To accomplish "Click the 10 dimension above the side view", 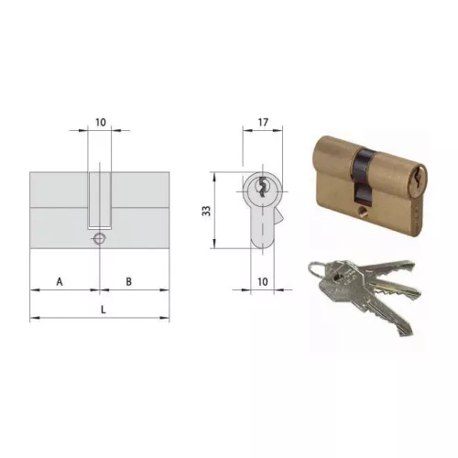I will point(101,121).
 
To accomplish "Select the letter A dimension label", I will point(60,280).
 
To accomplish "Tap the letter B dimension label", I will point(129,280).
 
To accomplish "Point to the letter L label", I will point(103,310).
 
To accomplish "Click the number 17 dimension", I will point(262,121).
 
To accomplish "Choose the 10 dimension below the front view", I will point(262,283).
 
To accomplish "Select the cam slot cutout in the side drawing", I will point(100,197).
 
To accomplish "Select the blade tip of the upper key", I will point(418,292).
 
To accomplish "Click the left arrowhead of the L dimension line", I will point(33,318).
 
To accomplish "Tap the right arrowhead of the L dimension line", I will point(168,318).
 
